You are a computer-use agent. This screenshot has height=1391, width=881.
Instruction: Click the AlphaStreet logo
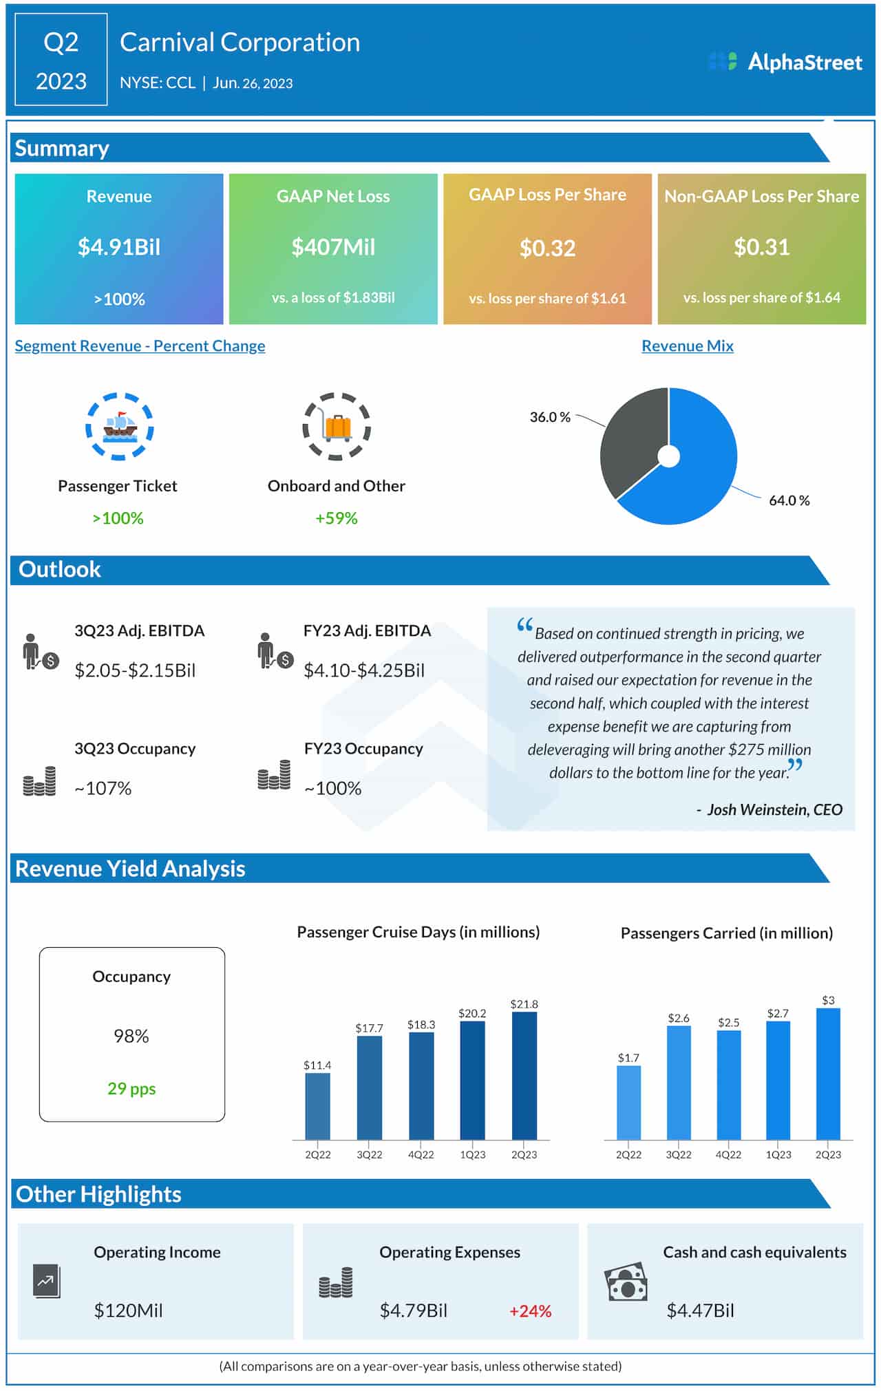tap(785, 62)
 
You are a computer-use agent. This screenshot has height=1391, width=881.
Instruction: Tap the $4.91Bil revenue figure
tap(119, 247)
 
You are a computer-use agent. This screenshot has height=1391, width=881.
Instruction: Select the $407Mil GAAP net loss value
tap(333, 247)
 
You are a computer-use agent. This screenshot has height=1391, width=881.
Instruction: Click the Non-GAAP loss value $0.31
tap(761, 247)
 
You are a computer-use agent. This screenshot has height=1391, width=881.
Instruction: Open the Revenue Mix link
tap(687, 346)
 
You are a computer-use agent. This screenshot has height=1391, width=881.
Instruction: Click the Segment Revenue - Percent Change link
tap(140, 346)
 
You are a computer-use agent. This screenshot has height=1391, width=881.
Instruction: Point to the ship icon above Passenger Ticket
tap(120, 427)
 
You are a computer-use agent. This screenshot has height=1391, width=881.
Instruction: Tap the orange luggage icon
tap(337, 427)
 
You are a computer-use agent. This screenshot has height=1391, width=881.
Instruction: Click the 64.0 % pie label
tap(789, 500)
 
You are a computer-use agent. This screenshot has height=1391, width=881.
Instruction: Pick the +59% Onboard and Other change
tap(336, 518)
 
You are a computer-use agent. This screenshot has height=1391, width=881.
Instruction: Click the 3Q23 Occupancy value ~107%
tap(103, 788)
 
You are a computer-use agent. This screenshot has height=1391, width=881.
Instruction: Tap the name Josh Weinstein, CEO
tap(774, 809)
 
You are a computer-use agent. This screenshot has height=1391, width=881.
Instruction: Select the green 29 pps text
tap(131, 1088)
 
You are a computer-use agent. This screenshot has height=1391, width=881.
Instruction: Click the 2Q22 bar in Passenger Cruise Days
tap(317, 1105)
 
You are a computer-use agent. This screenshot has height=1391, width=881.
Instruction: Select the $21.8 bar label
tap(524, 1004)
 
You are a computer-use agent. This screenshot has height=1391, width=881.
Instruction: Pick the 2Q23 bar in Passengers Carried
tap(828, 1074)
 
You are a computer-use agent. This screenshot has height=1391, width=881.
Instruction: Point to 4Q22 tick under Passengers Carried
tap(728, 1154)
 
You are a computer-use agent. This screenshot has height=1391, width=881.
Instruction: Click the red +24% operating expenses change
tap(530, 1311)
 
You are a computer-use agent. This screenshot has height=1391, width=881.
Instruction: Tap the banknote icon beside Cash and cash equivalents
tap(626, 1282)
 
